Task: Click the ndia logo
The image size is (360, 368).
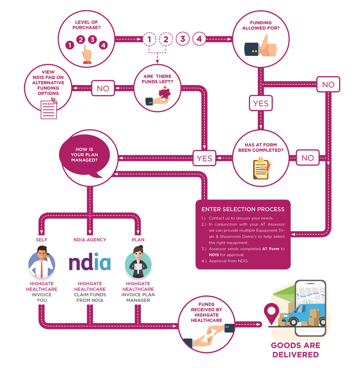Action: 90,263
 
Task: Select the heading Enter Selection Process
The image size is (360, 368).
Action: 243,209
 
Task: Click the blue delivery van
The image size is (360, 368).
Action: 305,313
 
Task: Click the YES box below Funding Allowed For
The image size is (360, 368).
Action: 261,103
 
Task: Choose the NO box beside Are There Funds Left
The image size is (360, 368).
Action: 103,88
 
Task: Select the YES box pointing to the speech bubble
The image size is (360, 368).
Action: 204,158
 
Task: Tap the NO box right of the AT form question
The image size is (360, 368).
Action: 307,158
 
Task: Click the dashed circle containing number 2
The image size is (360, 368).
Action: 166,39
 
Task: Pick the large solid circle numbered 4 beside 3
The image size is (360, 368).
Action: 199,39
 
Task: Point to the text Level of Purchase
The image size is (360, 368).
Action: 86,25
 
